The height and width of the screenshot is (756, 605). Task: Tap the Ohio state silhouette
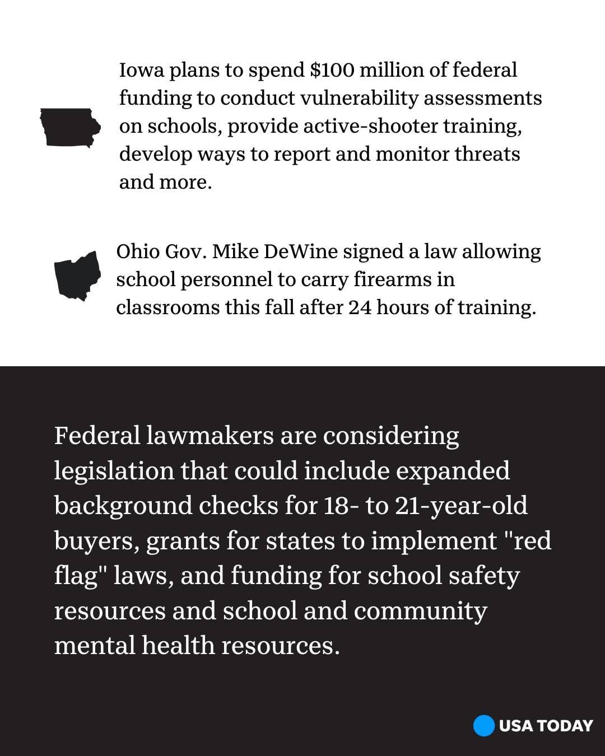tap(77, 276)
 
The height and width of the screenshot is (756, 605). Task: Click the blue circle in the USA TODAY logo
tap(483, 726)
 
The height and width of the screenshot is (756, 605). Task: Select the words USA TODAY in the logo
tap(545, 726)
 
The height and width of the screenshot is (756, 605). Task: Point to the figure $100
tap(332, 71)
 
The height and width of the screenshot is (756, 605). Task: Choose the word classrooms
tap(167, 307)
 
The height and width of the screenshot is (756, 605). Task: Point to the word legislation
tap(114, 471)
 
